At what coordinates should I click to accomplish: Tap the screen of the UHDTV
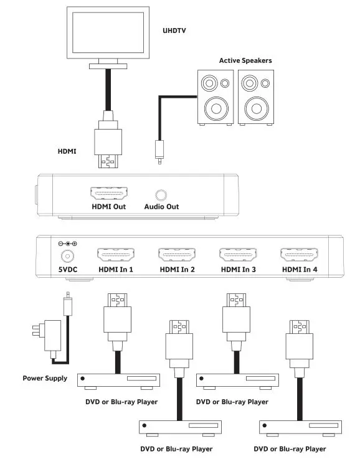[110, 34]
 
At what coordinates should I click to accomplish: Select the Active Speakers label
[245, 60]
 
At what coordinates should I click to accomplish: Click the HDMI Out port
[108, 194]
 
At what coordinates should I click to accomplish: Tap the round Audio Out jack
[161, 195]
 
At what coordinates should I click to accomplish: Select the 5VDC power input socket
[63, 256]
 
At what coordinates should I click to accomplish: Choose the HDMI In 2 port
[177, 255]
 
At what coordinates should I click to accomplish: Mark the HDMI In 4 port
[299, 255]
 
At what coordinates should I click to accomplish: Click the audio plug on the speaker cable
[159, 151]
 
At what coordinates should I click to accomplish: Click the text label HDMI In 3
[238, 270]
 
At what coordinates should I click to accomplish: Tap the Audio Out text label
[162, 207]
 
